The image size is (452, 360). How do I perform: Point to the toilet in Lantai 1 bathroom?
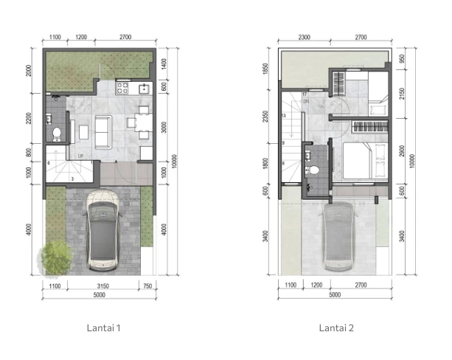pyautogui.click(x=56, y=134)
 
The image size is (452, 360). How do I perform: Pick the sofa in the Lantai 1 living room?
pyautogui.click(x=101, y=131)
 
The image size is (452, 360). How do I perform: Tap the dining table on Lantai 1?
pyautogui.click(x=142, y=123)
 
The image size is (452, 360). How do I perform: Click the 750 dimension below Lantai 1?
pyautogui.click(x=147, y=285)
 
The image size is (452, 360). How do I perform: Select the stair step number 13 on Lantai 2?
pyautogui.click(x=284, y=116)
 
